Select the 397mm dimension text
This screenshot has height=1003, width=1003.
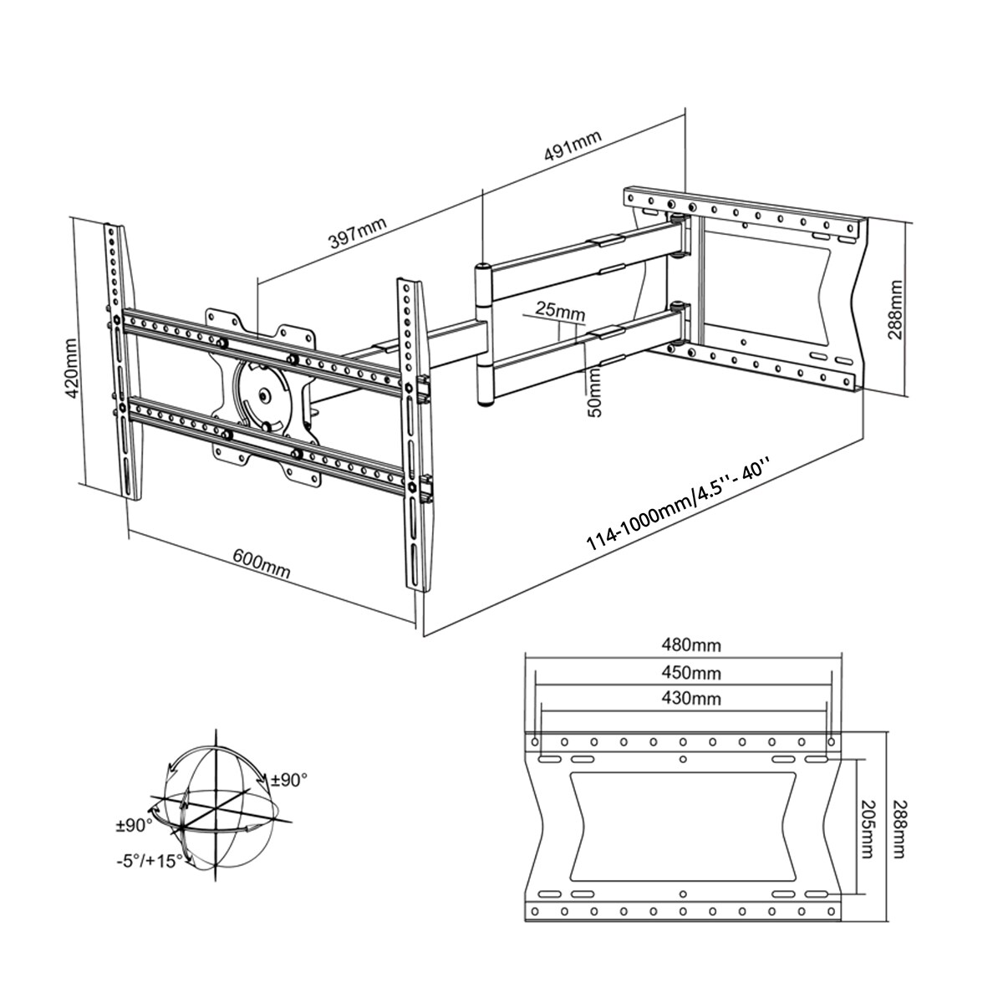(358, 234)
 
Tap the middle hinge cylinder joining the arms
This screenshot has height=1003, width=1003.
(483, 334)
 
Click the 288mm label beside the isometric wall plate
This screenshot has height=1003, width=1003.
(897, 308)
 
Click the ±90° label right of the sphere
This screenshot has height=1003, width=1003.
(290, 780)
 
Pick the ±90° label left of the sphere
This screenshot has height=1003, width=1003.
(134, 825)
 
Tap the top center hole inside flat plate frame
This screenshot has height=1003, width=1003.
(684, 759)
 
